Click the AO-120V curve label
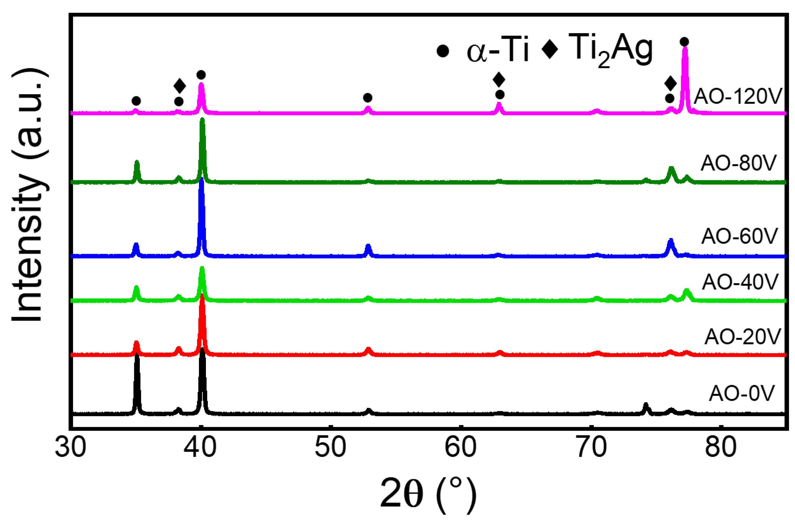coord(738,97)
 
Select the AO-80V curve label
coord(738,163)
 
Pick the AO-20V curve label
coord(743,337)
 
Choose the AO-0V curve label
coord(742,393)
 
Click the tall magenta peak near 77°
coord(685,77)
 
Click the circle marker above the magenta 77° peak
coord(684,42)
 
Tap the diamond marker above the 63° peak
coord(499,80)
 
